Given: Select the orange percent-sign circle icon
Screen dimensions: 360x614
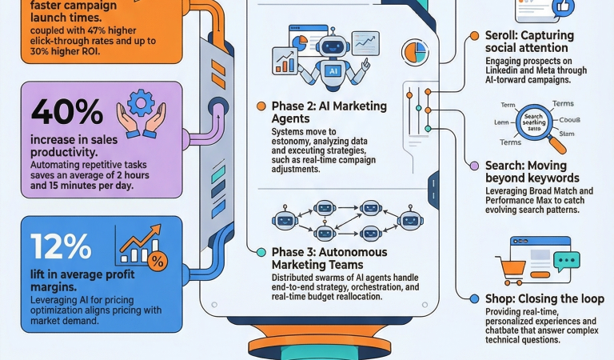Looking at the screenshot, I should click(x=157, y=260).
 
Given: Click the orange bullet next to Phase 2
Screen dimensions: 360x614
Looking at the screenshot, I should click(x=261, y=106).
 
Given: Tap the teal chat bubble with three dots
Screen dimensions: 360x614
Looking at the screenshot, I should click(x=566, y=261).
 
